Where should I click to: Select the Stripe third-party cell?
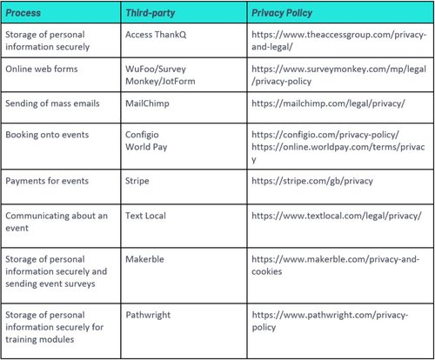[142, 180]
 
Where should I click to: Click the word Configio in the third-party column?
[146, 136]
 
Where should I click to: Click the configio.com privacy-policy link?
[325, 136]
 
